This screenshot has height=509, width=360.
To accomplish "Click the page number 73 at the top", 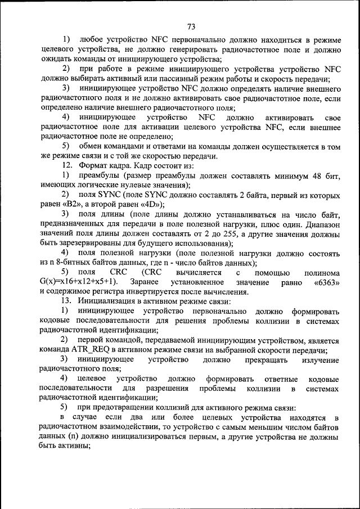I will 191,26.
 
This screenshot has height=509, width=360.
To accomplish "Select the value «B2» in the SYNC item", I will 76,204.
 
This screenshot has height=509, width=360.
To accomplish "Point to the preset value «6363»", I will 327,282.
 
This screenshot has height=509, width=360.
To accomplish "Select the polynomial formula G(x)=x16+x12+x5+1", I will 78,282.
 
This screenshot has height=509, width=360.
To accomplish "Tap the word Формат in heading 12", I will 93,165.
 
